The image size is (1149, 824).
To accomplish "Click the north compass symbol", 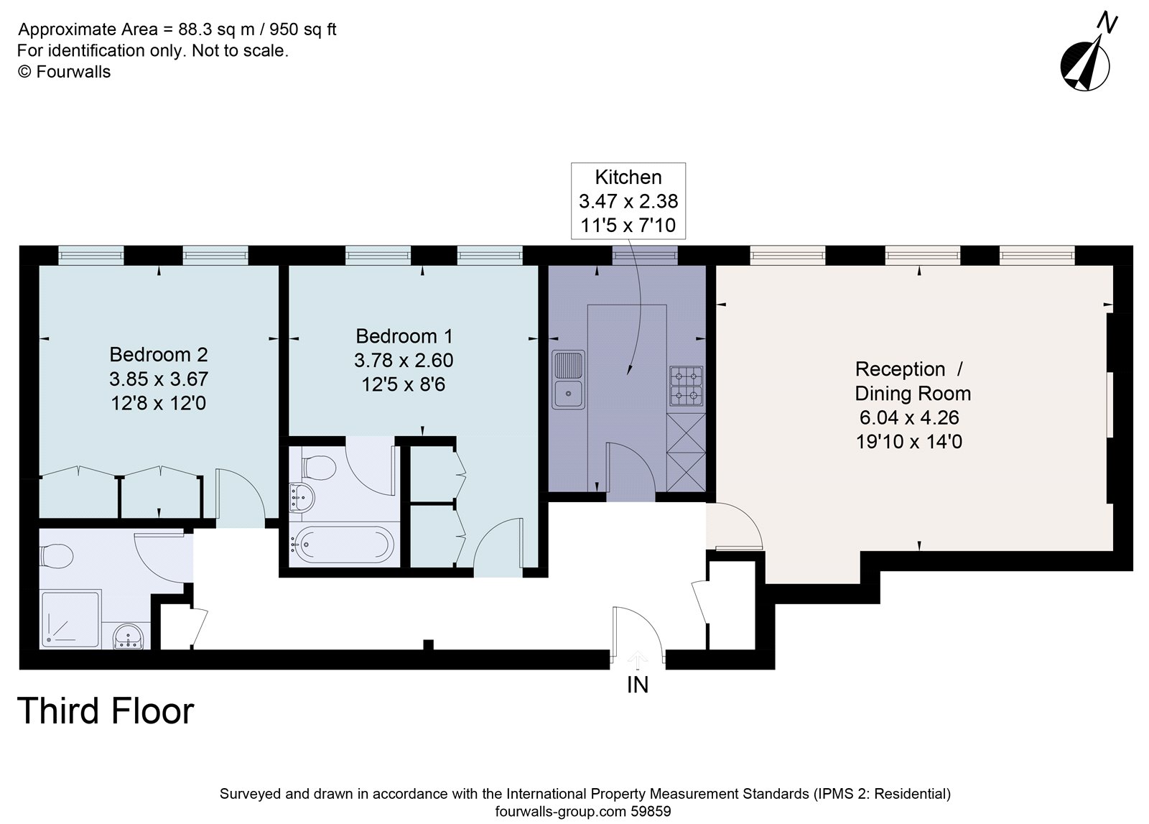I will (1086, 65).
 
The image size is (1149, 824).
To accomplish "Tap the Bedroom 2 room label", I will (159, 354).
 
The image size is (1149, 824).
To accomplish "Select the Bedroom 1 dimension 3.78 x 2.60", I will (404, 360).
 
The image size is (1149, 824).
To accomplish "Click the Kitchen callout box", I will (628, 201).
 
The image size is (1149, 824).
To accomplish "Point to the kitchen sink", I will (568, 379).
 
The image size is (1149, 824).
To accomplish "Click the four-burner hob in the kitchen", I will (686, 386).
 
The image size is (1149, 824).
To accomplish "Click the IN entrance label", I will (638, 685).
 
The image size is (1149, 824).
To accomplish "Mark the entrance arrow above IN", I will (638, 659).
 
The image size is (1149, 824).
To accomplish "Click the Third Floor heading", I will (106, 710).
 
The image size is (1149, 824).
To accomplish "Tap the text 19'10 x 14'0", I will (909, 442).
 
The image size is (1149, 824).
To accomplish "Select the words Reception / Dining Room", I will (912, 381).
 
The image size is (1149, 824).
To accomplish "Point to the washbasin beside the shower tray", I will (130, 636).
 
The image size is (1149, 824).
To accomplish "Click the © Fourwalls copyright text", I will (64, 71).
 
